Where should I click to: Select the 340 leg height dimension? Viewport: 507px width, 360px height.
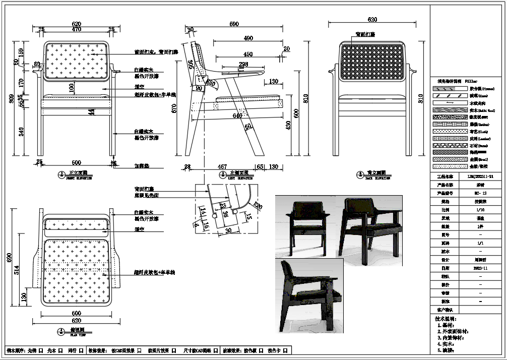[x=21, y=132]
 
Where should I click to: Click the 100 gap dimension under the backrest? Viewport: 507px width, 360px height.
[x=71, y=87]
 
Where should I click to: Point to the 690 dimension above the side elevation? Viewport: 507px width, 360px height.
[x=234, y=24]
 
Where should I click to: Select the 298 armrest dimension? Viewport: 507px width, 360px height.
[x=243, y=65]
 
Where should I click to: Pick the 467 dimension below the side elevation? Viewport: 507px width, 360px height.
[x=222, y=166]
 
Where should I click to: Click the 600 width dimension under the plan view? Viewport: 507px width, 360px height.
[x=77, y=313]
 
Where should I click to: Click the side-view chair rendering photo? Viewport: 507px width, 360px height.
[x=309, y=295]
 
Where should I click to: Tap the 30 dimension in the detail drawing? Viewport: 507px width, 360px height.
[x=228, y=230]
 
